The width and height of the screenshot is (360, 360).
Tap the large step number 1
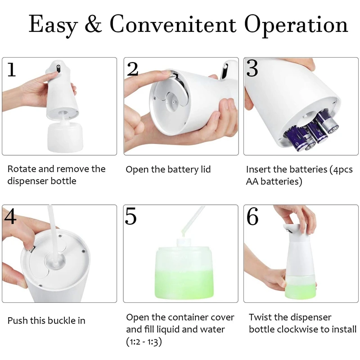(12, 70)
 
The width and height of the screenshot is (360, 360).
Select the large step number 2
(132, 69)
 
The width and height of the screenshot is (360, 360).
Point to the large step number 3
(252, 68)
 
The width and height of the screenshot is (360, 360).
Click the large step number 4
(10, 216)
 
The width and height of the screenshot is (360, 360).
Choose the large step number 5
(130, 216)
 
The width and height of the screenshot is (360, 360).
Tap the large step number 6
(252, 216)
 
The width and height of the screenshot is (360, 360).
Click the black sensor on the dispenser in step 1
(58, 69)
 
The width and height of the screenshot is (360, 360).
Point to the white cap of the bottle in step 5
(184, 243)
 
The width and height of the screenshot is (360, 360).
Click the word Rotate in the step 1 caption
(22, 169)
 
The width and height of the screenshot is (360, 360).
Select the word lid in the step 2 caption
(206, 169)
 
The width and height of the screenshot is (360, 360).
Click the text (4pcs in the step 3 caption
(341, 170)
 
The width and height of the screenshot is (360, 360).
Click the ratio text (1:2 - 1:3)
(144, 342)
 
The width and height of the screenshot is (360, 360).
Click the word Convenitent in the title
(173, 24)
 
